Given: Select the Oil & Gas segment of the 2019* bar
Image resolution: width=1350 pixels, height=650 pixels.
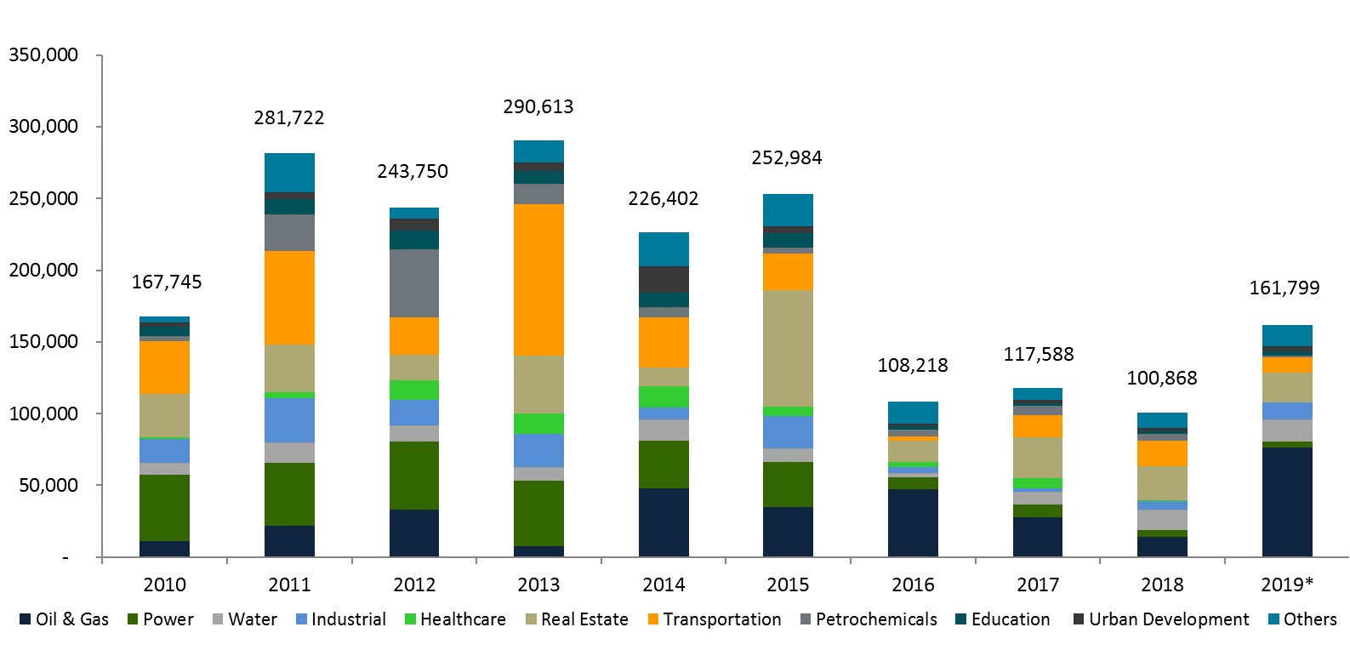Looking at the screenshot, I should [1287, 502].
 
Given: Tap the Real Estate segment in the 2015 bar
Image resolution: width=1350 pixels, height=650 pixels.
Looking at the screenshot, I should [788, 348].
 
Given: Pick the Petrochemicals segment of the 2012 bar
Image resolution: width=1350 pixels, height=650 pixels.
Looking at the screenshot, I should [414, 283].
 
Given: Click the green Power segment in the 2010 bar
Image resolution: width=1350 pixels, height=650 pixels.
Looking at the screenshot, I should [164, 508].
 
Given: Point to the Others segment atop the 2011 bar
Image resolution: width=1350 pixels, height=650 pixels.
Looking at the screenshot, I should [289, 173].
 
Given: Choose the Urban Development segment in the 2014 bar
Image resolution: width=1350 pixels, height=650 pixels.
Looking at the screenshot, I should [664, 279].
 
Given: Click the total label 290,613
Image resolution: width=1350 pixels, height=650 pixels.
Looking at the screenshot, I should [538, 107].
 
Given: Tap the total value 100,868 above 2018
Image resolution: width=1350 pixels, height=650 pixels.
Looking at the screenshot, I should [1162, 379].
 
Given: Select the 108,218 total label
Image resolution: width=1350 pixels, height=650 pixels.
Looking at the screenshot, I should [913, 366].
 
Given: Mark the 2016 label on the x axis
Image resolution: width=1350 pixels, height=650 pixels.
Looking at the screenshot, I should [913, 585].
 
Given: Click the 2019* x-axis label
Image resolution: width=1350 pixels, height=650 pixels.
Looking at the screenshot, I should [1287, 585].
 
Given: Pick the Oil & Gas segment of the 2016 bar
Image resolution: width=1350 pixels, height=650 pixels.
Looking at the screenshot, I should [913, 522].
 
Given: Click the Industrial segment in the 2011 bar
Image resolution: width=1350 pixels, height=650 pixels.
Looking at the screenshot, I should [289, 420].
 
